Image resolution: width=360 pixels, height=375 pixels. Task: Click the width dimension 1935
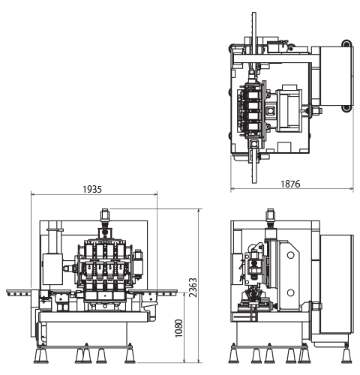(x=92, y=189)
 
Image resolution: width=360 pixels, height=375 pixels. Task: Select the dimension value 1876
(x=290, y=184)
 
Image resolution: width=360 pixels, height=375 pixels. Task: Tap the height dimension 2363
(x=193, y=287)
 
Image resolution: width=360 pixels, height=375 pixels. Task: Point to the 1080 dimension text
(x=179, y=328)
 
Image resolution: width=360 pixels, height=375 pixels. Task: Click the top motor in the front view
(x=105, y=215)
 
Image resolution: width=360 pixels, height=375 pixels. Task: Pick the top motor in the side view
(x=271, y=215)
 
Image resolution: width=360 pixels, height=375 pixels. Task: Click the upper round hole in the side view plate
(x=290, y=255)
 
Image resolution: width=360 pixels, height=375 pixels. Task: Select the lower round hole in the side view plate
(x=290, y=292)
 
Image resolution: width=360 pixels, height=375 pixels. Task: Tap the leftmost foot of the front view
(x=40, y=354)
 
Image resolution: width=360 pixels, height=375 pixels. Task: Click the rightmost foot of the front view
(x=130, y=354)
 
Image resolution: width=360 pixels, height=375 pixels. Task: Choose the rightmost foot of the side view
(x=346, y=354)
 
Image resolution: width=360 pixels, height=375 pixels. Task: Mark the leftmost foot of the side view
(x=234, y=354)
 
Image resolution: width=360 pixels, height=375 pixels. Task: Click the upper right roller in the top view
(x=346, y=43)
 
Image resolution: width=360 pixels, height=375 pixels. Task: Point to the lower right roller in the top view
(x=346, y=108)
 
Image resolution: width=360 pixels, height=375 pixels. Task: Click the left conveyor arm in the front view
(x=22, y=292)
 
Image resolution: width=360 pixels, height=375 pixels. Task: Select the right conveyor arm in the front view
(x=153, y=292)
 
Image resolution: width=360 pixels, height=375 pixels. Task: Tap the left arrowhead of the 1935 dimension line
(x=33, y=194)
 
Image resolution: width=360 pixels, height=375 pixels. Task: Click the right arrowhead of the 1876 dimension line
(x=351, y=188)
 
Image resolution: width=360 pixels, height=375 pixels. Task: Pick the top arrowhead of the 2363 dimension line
(x=199, y=211)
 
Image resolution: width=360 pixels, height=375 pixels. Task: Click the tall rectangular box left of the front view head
(x=52, y=269)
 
